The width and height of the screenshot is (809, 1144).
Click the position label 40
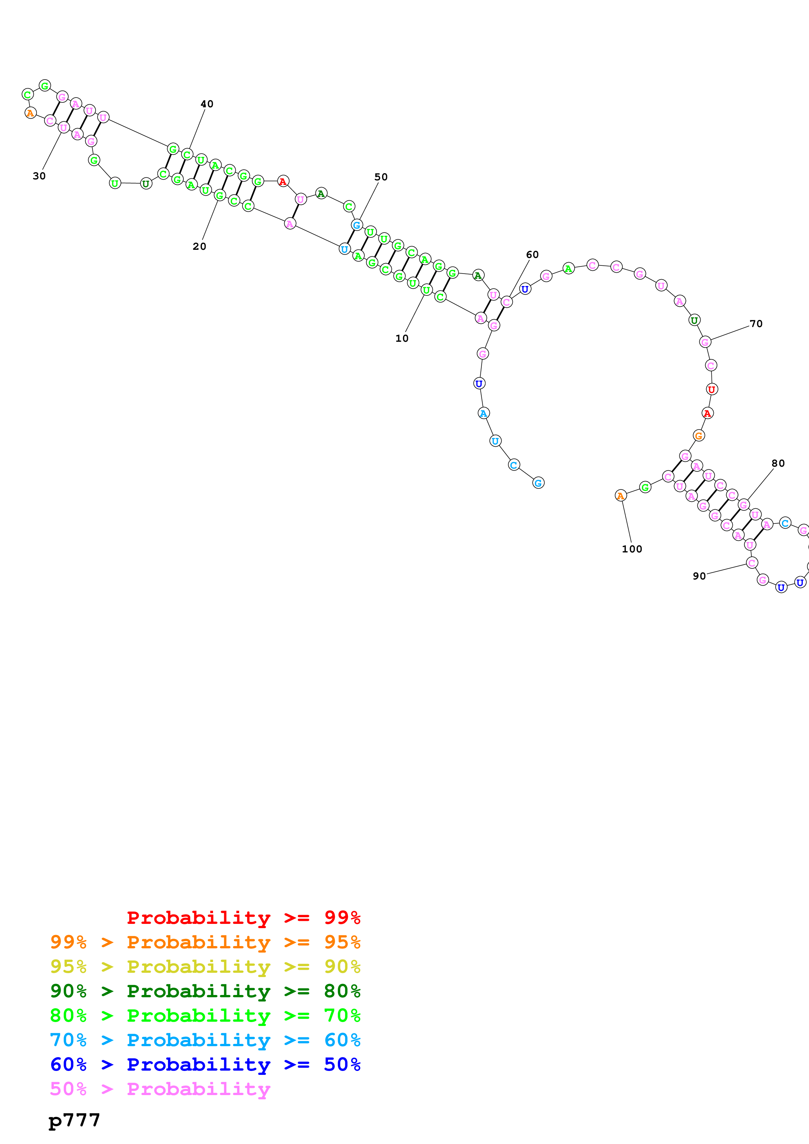coord(207,104)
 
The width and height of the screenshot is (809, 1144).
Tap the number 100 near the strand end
coord(631,549)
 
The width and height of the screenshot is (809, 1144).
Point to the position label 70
coord(756,324)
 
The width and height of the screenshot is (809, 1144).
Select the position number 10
coord(402,338)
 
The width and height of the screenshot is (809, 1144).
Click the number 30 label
coord(39,176)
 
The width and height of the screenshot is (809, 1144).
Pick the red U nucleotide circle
coord(711,389)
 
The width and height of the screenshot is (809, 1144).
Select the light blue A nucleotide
coord(484,413)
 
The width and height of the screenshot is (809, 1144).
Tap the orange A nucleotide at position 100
coord(620,496)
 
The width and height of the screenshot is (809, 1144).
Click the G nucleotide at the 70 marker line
coord(705,342)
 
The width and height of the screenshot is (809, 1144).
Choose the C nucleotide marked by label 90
coord(752,563)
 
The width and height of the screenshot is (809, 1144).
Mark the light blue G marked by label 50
coord(357,225)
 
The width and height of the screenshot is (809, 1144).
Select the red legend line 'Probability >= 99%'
coord(243,918)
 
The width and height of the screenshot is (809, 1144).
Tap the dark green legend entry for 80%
coord(205,991)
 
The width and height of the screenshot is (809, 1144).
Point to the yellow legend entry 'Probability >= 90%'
coord(205,967)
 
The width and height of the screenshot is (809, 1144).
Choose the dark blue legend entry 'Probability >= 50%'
coord(205,1064)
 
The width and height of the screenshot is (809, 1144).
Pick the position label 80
coord(778,463)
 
